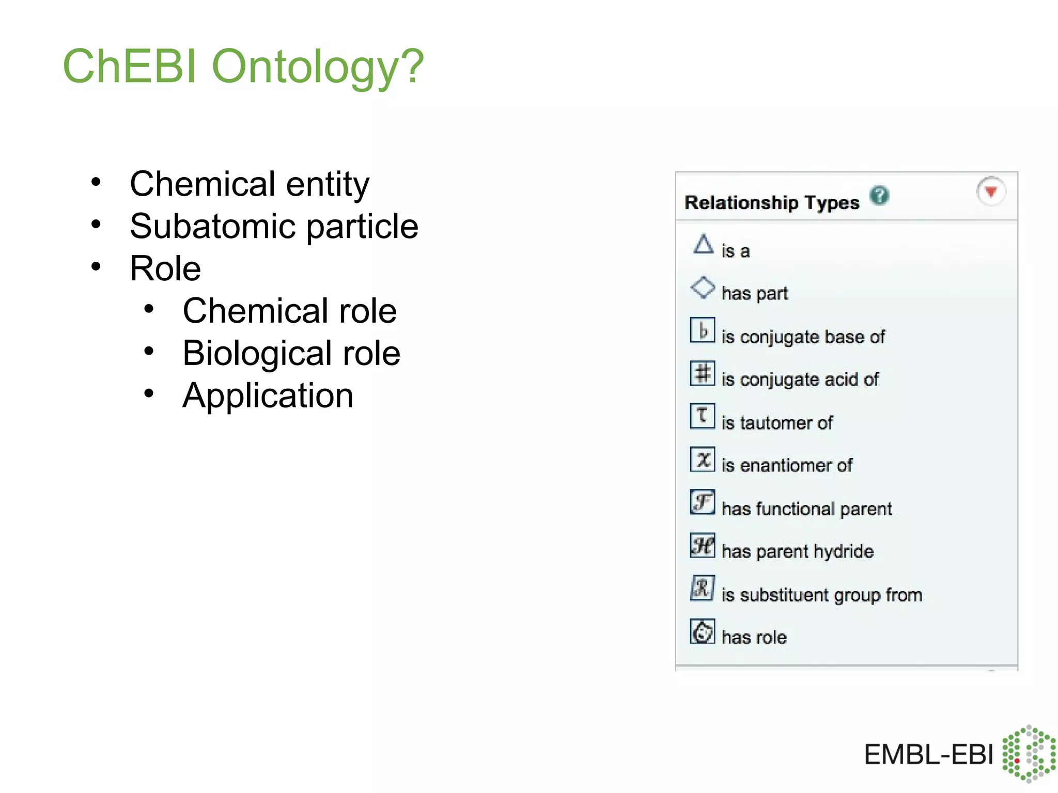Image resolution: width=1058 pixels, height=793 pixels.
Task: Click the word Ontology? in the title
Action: pyautogui.click(x=318, y=67)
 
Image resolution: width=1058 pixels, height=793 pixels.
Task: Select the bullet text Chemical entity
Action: pyautogui.click(x=250, y=184)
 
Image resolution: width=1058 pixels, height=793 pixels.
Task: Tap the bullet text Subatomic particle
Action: pyautogui.click(x=274, y=226)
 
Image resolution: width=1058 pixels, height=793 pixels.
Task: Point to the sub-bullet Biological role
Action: pyautogui.click(x=291, y=353)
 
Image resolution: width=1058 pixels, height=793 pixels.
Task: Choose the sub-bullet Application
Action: pyautogui.click(x=268, y=395)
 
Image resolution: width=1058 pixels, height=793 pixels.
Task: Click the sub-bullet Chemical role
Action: pyautogui.click(x=289, y=311)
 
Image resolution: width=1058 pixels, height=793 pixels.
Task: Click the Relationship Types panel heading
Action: pyautogui.click(x=772, y=202)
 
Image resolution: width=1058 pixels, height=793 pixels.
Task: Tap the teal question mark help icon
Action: pyautogui.click(x=879, y=195)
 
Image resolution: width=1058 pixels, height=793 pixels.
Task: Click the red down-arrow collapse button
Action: pyautogui.click(x=990, y=192)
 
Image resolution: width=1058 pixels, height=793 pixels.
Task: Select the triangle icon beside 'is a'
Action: pyautogui.click(x=703, y=244)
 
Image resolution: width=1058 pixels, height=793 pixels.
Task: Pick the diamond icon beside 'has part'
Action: pyautogui.click(x=703, y=288)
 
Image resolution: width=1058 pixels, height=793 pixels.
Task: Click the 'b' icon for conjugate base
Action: pyautogui.click(x=703, y=330)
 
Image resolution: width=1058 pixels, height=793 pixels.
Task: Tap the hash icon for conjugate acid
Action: pyautogui.click(x=703, y=373)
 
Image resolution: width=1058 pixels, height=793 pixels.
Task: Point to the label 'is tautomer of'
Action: pyautogui.click(x=777, y=423)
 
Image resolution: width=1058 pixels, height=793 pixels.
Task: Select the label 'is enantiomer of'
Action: pyautogui.click(x=787, y=465)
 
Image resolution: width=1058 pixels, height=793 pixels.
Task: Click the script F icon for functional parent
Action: pyautogui.click(x=703, y=502)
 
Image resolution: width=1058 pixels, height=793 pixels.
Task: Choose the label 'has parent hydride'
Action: pyautogui.click(x=798, y=551)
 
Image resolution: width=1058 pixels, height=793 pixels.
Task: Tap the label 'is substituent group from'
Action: pyautogui.click(x=822, y=595)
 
